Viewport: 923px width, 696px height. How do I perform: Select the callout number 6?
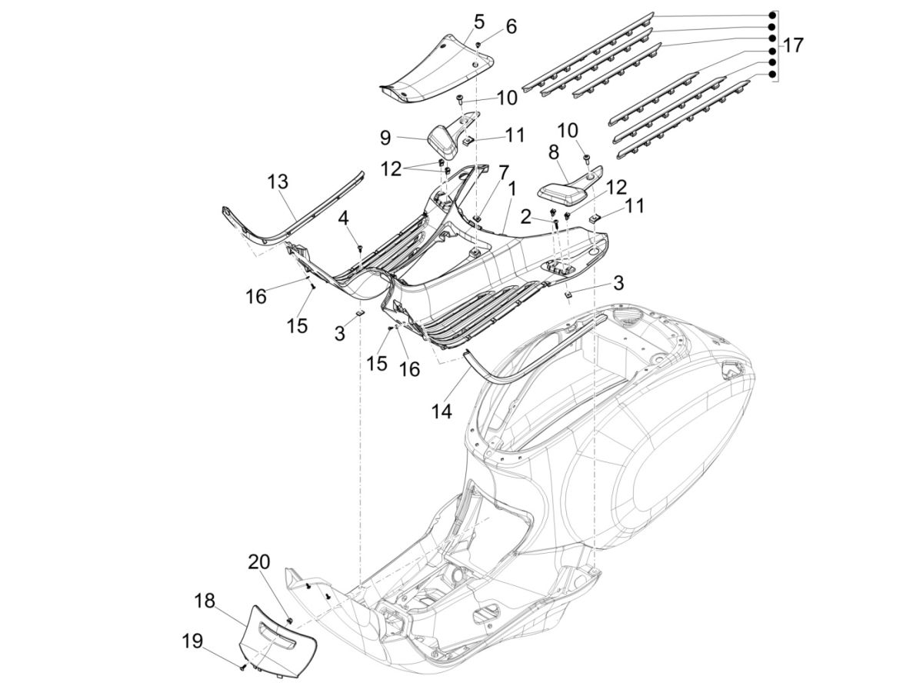point(510,27)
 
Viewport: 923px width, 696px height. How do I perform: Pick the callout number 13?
point(278,181)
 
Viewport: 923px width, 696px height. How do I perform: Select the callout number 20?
point(258,562)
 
